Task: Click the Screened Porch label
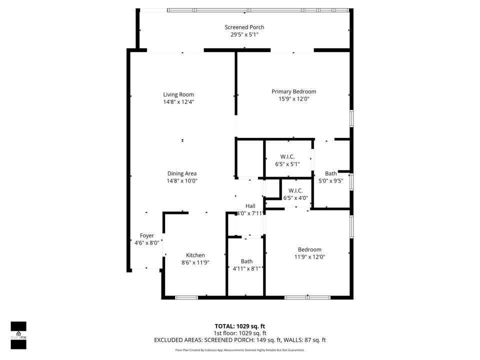(x=244, y=27)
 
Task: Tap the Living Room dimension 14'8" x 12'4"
(x=178, y=101)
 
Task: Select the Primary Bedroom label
(x=294, y=91)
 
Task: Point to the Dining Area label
(x=182, y=173)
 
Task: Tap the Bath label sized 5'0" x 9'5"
(x=330, y=173)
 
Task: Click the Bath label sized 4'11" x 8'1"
(x=246, y=261)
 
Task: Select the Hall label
(x=250, y=206)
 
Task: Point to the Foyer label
(x=146, y=235)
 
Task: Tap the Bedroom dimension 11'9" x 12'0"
(x=309, y=256)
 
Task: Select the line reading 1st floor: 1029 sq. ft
(x=240, y=333)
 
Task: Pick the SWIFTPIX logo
(x=18, y=331)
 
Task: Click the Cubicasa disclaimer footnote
(x=240, y=350)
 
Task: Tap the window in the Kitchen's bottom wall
(x=186, y=297)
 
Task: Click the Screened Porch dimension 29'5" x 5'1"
(x=244, y=34)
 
